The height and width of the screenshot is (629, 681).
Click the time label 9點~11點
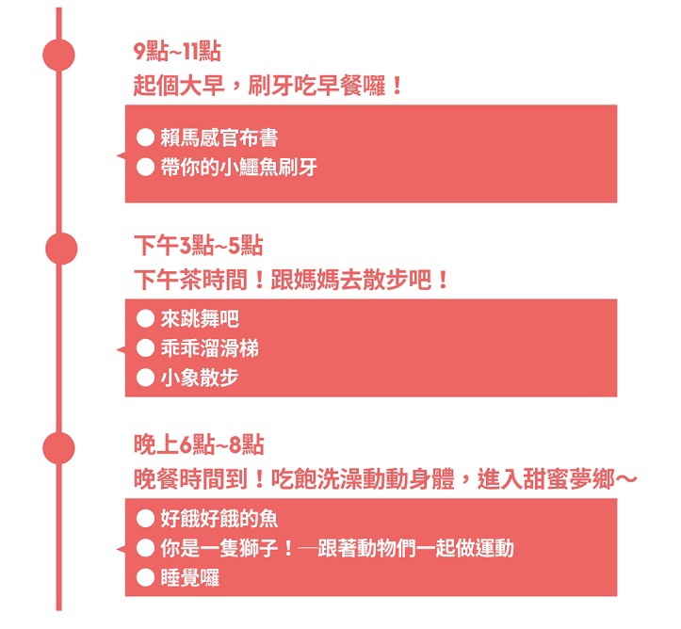pyautogui.click(x=177, y=52)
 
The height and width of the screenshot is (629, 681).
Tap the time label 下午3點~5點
pyautogui.click(x=199, y=246)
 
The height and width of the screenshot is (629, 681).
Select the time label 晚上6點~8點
pyautogui.click(x=199, y=445)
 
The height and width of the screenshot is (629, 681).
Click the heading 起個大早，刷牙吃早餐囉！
pyautogui.click(x=268, y=86)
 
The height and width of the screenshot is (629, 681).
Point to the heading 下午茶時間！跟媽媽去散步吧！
pyautogui.click(x=291, y=280)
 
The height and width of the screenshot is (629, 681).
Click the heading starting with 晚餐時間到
pyautogui.click(x=385, y=479)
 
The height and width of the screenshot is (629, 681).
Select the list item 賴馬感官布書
pyautogui.click(x=219, y=138)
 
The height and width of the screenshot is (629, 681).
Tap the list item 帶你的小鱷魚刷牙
pyautogui.click(x=239, y=167)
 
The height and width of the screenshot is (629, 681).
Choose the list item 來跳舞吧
pyautogui.click(x=200, y=319)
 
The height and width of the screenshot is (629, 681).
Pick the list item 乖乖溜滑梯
pyautogui.click(x=210, y=348)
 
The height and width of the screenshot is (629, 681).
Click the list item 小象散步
pyautogui.click(x=200, y=378)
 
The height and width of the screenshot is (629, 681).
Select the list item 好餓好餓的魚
pyautogui.click(x=219, y=519)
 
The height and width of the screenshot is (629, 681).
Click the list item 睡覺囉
pyautogui.click(x=189, y=578)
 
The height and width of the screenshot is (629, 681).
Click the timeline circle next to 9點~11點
pyautogui.click(x=58, y=55)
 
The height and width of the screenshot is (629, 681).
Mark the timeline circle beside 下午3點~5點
pyautogui.click(x=61, y=249)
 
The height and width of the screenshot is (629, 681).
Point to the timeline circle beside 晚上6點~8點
pyautogui.click(x=58, y=448)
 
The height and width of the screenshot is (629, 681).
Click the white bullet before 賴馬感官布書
pyautogui.click(x=145, y=137)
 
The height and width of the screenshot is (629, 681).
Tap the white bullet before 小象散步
pyautogui.click(x=145, y=378)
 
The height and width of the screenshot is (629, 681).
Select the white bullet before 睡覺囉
pyautogui.click(x=145, y=578)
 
